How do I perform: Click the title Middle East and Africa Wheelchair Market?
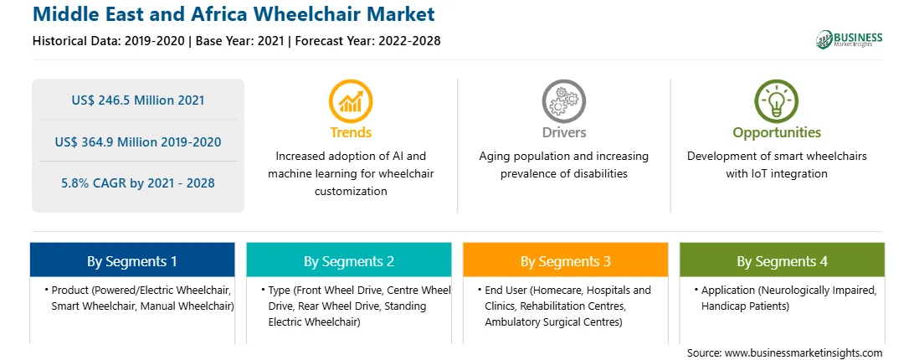coord(234,13)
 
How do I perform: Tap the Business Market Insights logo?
coord(850,39)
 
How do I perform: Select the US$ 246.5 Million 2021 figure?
coord(138,100)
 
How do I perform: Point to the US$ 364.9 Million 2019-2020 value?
coord(138,141)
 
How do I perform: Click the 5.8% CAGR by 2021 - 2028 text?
coord(138,183)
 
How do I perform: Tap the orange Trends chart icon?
coord(351,101)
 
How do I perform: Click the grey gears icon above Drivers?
coord(563,101)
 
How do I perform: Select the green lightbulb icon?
coord(777,101)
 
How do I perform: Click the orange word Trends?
coord(351,132)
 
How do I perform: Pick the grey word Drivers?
coord(563,132)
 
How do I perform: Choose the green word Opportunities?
coord(777,133)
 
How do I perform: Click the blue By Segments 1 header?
coord(132,260)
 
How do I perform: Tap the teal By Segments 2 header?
coord(348,260)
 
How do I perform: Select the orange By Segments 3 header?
coord(566,260)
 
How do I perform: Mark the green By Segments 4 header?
coord(783,260)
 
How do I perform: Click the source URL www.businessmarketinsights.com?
coord(804,353)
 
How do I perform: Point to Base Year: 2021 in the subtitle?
coord(239,41)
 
